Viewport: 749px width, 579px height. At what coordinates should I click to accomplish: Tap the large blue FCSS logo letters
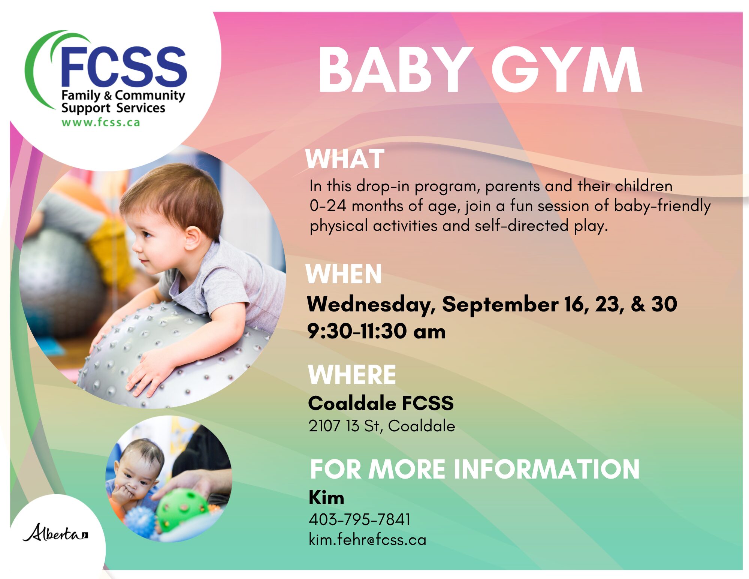coord(123,66)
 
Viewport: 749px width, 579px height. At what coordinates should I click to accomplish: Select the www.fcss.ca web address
coord(101,122)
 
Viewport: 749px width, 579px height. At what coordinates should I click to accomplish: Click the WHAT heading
coord(345,159)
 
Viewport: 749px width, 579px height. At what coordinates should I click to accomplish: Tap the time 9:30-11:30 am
coord(377,331)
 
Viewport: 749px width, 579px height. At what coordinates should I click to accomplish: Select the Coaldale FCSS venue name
coord(381,403)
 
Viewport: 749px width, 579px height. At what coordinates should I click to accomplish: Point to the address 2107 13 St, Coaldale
coord(382,426)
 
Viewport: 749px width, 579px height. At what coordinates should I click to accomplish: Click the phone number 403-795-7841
coord(359,519)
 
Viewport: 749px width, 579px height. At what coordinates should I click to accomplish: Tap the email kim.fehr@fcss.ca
coord(368,540)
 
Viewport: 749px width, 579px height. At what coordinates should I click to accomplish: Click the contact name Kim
coord(326,498)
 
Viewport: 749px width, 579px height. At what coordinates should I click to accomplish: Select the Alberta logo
coord(56,533)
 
